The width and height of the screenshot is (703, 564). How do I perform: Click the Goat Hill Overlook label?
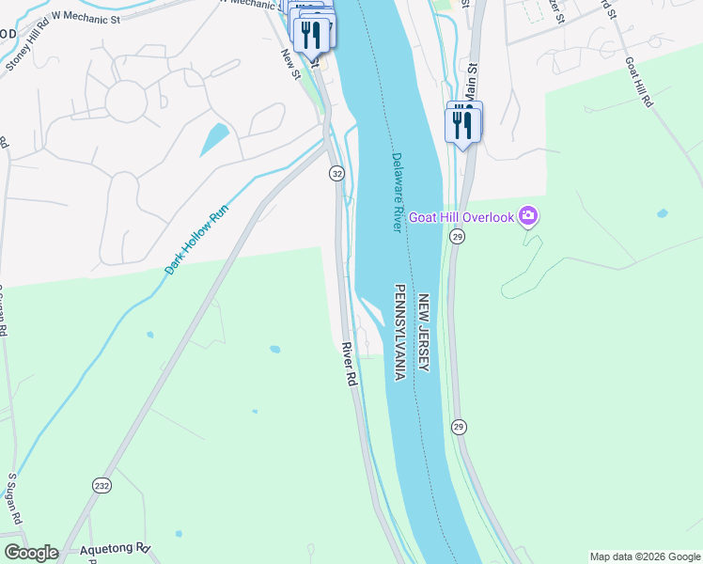pos(461,217)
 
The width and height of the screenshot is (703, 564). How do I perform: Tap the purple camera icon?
pos(528,217)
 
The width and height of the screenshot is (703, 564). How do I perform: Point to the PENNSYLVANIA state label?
pos(399,332)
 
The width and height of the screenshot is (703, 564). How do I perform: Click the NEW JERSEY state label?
pos(424,332)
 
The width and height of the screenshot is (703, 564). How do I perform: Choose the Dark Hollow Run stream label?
pos(197,241)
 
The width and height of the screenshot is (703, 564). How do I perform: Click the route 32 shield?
pos(336,174)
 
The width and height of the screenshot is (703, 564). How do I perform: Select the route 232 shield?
pos(102,485)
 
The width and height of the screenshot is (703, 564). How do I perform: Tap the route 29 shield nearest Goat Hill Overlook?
pos(458,239)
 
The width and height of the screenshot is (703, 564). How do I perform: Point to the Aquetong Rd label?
pos(115,547)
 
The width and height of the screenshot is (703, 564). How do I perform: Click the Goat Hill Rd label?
pos(638,83)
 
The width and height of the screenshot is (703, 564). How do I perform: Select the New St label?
pos(289,64)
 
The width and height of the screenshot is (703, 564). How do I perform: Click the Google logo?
pos(31,552)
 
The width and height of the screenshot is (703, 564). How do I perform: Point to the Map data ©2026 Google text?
pos(644,556)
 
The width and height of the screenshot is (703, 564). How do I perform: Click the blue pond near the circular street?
pos(213,140)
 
